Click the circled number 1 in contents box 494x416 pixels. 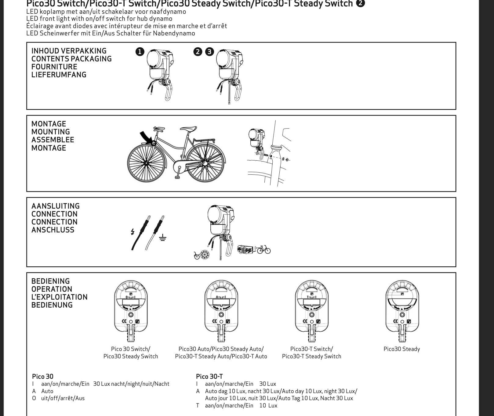140,52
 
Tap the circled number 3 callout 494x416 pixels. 209,52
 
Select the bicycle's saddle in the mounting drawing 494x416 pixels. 188,129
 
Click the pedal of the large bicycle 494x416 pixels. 177,177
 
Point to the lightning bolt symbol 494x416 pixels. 133,232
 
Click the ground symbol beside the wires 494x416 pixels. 163,237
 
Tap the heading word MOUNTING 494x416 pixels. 51,132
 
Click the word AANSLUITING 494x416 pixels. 56,206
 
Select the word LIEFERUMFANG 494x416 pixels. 59,75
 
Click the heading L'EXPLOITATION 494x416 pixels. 60,297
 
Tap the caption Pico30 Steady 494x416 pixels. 401,349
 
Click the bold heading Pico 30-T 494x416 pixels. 209,377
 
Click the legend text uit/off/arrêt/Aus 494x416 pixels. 63,398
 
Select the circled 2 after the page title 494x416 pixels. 360,3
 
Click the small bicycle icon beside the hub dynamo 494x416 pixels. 197,256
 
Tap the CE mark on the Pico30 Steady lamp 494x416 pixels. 395,321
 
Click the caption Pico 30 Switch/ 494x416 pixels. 131,349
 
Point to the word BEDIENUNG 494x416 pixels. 52,305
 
